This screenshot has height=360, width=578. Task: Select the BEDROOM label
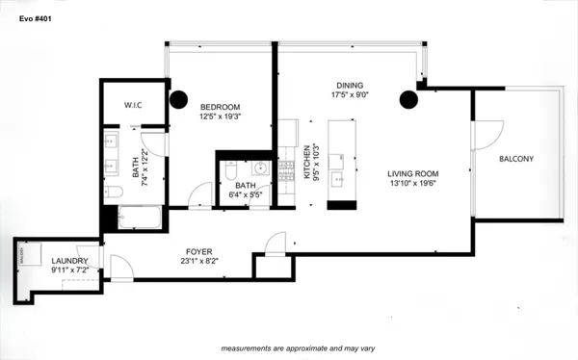point(220,106)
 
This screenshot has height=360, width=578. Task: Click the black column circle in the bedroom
point(178,98)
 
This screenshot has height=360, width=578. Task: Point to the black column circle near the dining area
point(409,97)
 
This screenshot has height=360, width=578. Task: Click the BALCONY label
point(516,159)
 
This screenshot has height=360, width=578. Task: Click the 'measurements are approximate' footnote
point(288,347)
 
